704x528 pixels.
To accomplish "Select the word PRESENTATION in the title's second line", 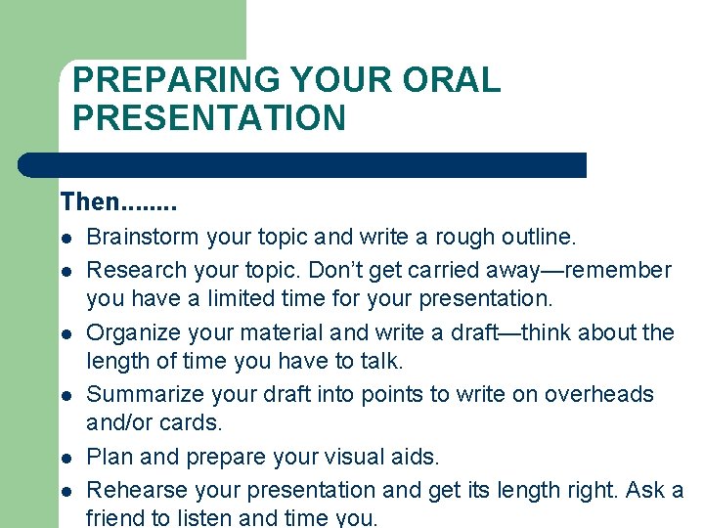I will [x=209, y=118].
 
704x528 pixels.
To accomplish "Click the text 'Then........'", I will [x=118, y=202].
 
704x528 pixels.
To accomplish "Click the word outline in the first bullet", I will [x=540, y=237].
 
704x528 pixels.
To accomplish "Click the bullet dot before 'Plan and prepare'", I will [x=66, y=458].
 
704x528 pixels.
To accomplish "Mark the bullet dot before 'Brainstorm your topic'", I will [x=66, y=238].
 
